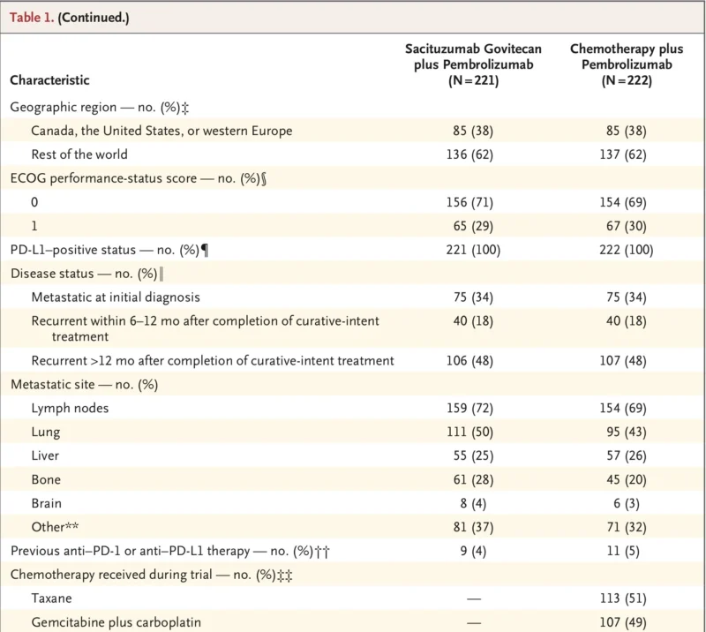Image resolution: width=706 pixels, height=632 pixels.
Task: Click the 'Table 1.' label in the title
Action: [x=31, y=18]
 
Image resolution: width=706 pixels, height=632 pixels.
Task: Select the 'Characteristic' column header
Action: [x=49, y=80]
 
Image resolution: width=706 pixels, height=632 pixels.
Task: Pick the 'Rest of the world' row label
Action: [x=79, y=154]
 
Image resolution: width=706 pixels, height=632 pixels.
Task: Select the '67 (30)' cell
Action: [x=621, y=226]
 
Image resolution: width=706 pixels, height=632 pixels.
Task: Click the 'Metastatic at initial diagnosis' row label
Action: [x=116, y=297]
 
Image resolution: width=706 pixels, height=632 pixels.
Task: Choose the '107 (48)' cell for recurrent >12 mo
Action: [x=621, y=360]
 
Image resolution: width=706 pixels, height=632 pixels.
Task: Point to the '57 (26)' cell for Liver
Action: [x=621, y=455]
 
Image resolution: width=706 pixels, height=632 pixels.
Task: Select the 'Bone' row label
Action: [x=46, y=479]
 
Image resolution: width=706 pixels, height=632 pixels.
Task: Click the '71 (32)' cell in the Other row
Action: [x=621, y=527]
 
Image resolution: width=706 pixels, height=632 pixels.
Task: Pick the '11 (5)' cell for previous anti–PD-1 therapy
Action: [x=621, y=551]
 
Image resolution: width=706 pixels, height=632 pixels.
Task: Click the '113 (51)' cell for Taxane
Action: [x=621, y=598]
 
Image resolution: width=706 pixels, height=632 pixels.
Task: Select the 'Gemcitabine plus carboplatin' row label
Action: [x=116, y=622]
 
